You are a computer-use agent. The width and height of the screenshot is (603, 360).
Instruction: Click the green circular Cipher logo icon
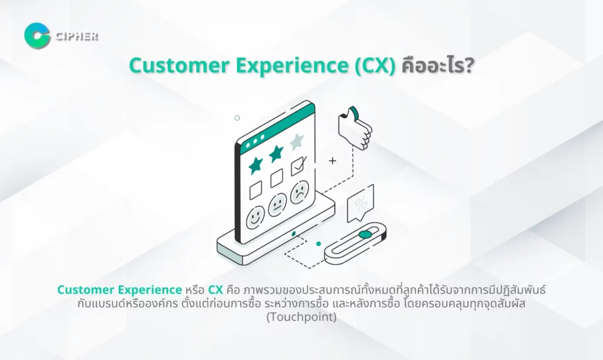point(37,36)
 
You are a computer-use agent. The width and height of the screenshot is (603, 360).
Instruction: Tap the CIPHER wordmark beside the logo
point(77,37)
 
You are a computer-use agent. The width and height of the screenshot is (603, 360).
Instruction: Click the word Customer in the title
point(179,65)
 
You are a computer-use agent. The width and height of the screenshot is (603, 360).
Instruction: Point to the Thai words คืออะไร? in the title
point(438,65)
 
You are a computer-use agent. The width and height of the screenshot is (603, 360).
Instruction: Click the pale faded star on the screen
point(297,141)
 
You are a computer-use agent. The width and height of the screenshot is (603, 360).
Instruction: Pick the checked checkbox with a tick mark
point(299,166)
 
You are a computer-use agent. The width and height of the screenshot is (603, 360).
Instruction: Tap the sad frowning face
point(300,192)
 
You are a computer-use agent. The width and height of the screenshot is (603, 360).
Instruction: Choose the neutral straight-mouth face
point(277,204)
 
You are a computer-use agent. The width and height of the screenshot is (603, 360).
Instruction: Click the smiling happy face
point(256,217)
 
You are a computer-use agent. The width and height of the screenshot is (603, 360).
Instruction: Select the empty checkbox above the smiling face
point(256,190)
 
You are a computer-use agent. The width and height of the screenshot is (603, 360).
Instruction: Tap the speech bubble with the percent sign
point(360,203)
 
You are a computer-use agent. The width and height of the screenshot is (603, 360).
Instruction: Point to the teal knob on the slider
point(365,235)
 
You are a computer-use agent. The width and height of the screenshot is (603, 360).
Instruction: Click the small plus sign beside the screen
point(332,161)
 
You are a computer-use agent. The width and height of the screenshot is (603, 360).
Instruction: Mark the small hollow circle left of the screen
point(237,118)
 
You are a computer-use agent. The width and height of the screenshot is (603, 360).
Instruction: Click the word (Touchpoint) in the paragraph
point(301,317)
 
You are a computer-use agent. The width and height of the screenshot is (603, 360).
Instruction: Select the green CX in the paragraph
point(216,290)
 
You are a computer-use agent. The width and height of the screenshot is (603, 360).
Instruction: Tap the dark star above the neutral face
point(276,153)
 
